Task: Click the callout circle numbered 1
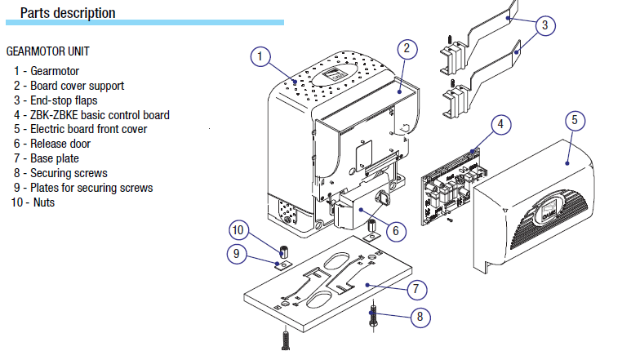pyautogui.click(x=260, y=57)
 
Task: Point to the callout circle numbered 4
pyautogui.click(x=501, y=126)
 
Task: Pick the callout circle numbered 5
pyautogui.click(x=574, y=120)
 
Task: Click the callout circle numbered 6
pyautogui.click(x=394, y=231)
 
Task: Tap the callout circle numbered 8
pyautogui.click(x=418, y=318)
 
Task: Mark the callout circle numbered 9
pyautogui.click(x=237, y=254)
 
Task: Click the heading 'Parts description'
pyautogui.click(x=68, y=13)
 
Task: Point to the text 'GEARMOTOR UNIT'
pyautogui.click(x=47, y=51)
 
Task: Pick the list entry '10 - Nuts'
pyautogui.click(x=33, y=202)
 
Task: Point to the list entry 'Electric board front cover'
pyautogui.click(x=89, y=129)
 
